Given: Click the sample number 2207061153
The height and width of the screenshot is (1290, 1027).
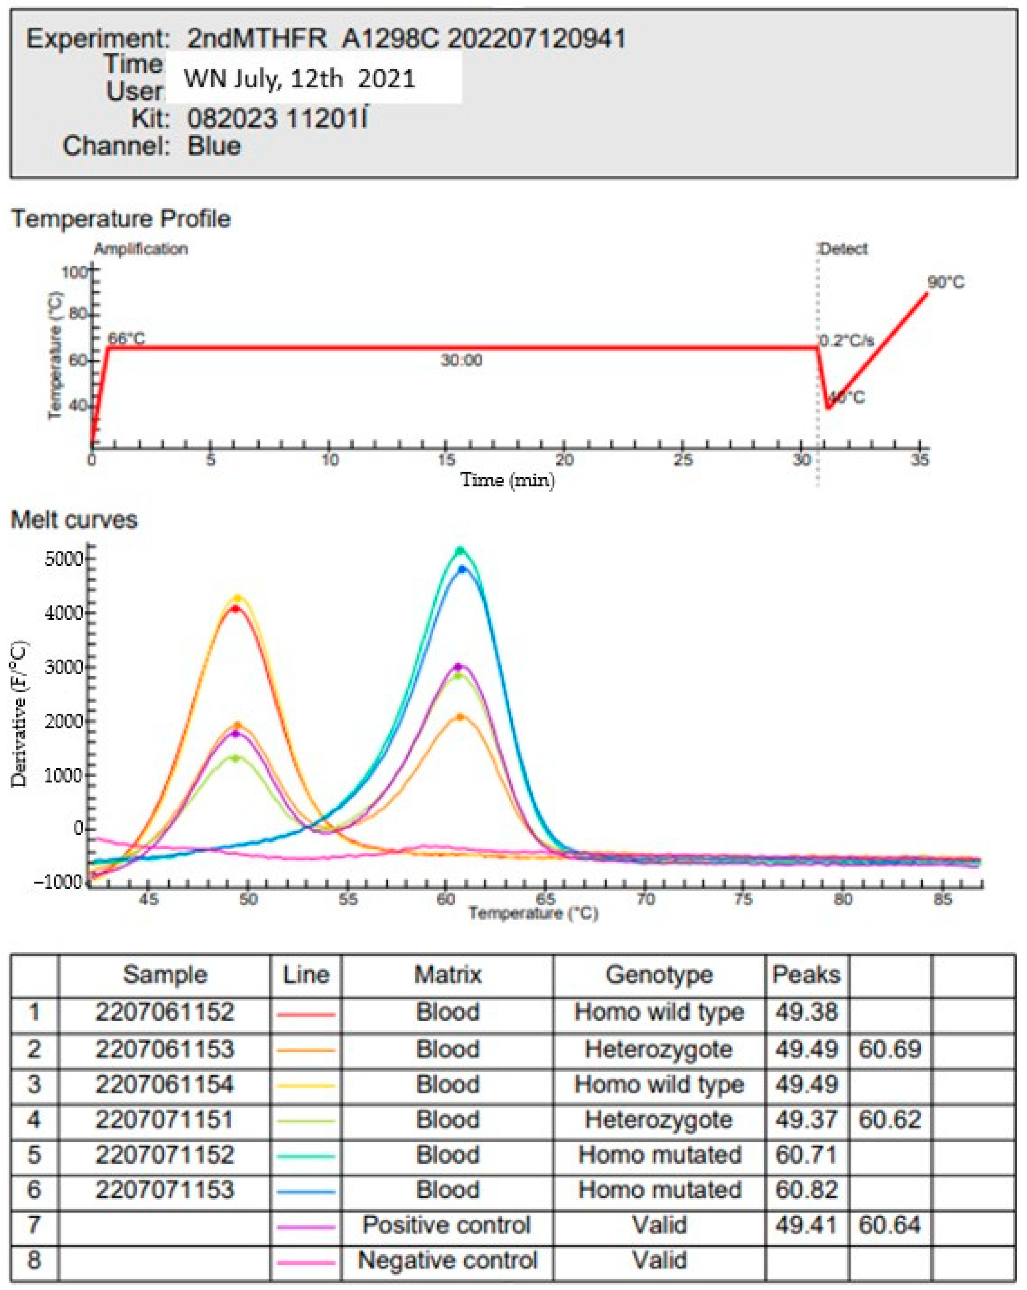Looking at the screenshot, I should pos(165,1049).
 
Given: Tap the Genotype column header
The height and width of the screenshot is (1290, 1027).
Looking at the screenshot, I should pos(659,975).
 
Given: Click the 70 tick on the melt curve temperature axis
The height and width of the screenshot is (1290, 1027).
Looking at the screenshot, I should pos(644,899).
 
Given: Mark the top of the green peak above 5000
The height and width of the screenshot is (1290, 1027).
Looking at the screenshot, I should pos(460,550).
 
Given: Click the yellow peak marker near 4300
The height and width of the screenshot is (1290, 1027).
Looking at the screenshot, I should pos(238,598).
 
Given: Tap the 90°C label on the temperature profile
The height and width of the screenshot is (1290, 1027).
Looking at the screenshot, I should pos(946,282).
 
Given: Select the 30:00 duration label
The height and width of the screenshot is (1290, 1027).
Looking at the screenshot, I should pos(461,360).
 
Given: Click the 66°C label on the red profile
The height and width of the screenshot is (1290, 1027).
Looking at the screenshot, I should pos(126,339).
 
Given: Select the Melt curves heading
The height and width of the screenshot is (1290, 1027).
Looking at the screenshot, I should pos(74,519).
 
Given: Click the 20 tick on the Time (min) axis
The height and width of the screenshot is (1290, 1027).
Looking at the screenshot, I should pos(564,460).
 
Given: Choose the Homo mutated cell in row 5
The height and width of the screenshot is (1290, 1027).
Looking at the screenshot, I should pos(659,1154).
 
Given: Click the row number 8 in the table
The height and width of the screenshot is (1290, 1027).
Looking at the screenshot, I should pos(34,1259).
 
